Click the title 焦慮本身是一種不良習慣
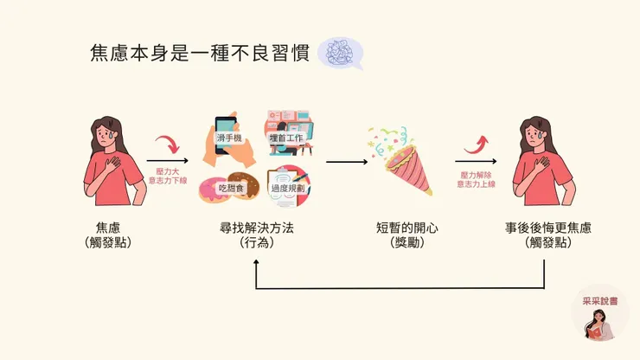(199, 53)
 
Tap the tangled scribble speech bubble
(339, 53)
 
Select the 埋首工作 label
(285, 137)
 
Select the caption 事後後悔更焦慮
(548, 228)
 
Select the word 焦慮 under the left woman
(108, 228)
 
